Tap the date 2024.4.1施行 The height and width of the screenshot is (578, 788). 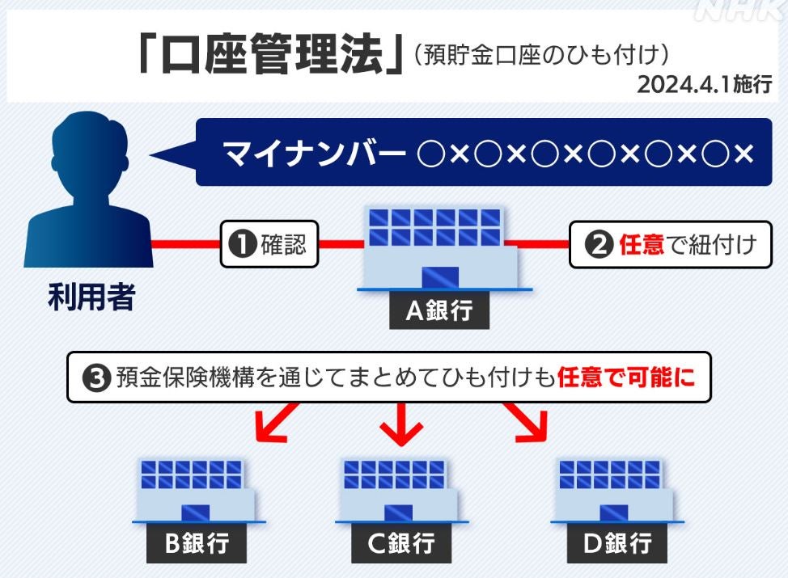pyautogui.click(x=704, y=85)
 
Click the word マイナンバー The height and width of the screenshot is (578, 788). pyautogui.click(x=315, y=153)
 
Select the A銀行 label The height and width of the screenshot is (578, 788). pyautogui.click(x=438, y=310)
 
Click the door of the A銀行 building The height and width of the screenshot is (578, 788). pyautogui.click(x=439, y=277)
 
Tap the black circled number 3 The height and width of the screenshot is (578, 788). pyautogui.click(x=97, y=378)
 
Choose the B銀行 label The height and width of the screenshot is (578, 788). pyautogui.click(x=196, y=544)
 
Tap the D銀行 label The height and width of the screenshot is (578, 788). pyautogui.click(x=616, y=544)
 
